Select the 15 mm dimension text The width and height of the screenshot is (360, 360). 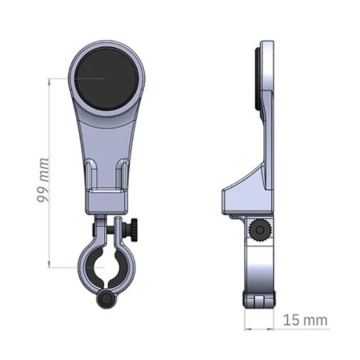tap(306, 320)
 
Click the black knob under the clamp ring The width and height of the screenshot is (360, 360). tap(106, 299)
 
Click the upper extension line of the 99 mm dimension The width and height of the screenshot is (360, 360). tap(68, 78)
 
